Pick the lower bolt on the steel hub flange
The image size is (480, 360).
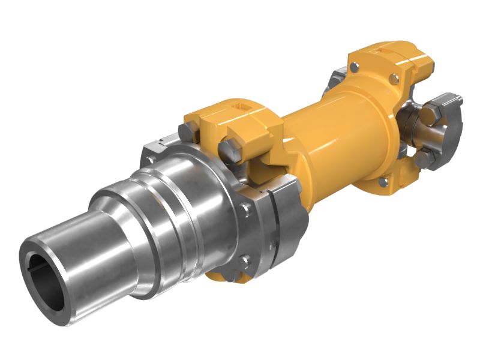click(x=244, y=260)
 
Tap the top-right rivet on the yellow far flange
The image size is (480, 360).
click(x=393, y=79)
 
